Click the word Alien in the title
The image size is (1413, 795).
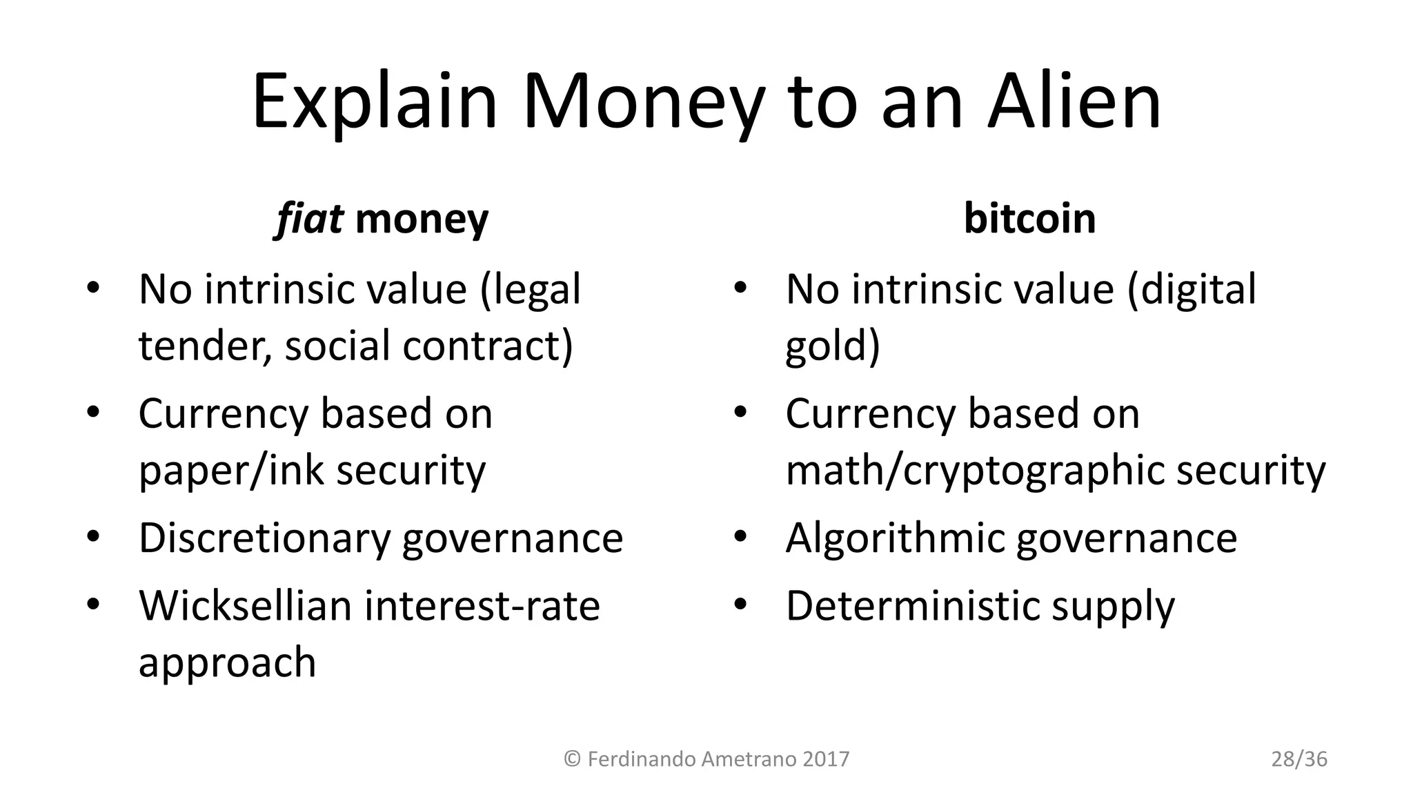tap(1074, 103)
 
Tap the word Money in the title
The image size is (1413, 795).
tap(643, 103)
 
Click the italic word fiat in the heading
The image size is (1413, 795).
tap(308, 219)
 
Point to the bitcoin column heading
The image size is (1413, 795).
tap(1029, 219)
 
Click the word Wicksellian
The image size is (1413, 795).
tap(245, 605)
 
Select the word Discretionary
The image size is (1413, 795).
tap(264, 538)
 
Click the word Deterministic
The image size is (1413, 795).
tap(912, 605)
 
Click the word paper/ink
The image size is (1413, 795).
tap(231, 471)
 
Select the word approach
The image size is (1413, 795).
tap(227, 662)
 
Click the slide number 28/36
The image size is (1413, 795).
tap(1299, 759)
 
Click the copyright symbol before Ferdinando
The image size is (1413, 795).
tap(572, 759)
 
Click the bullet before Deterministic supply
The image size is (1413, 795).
tap(741, 605)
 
